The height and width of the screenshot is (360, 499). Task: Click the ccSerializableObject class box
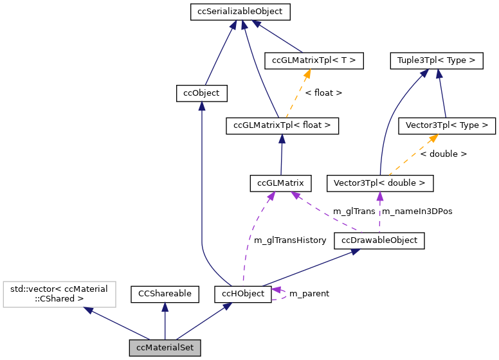coord(240,12)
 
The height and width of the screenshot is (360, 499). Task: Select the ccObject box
coord(201,93)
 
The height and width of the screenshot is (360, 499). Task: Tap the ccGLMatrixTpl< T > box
coord(314,60)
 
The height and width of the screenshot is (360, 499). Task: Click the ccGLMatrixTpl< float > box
coord(282,125)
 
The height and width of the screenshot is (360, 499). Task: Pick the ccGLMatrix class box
coord(280,183)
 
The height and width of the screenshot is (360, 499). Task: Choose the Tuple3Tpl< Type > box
coord(436,61)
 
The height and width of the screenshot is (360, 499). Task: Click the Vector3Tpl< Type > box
coord(448,125)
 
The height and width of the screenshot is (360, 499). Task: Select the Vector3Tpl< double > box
coord(379,183)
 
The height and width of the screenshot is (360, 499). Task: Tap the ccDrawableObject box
coord(379,240)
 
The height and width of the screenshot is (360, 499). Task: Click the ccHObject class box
coord(243,294)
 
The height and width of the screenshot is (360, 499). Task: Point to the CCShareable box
coord(165,294)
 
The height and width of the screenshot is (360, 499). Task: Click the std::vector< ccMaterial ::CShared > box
coord(59,294)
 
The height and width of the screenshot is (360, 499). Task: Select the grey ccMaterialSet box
coord(165,348)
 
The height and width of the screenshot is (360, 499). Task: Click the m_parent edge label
coord(309,294)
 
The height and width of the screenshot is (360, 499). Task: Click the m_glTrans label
coord(354,212)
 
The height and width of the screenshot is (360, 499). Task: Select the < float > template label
coord(323,93)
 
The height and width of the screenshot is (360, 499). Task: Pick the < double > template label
coord(443,154)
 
